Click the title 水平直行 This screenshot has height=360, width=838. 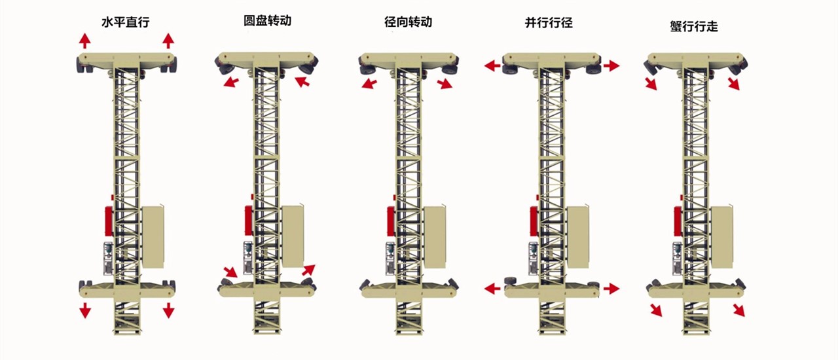126,22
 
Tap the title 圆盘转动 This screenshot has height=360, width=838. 267,20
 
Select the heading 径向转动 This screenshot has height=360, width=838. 408,22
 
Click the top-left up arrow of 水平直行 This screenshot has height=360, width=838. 85,41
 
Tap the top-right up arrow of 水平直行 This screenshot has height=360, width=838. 168,41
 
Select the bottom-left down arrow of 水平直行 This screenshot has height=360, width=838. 85,310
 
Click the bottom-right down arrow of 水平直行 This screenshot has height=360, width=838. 168,310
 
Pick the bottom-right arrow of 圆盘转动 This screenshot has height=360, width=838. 308,270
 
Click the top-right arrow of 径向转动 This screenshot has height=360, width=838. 445,83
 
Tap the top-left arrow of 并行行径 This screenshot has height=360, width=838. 492,65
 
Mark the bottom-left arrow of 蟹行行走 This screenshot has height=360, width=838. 655,310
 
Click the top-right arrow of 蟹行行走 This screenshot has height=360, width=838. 733,83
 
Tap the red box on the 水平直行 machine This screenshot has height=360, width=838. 109,223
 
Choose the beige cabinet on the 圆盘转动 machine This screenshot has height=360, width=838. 293,236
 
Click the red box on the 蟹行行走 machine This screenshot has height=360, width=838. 678,223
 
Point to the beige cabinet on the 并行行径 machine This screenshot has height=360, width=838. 577,236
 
